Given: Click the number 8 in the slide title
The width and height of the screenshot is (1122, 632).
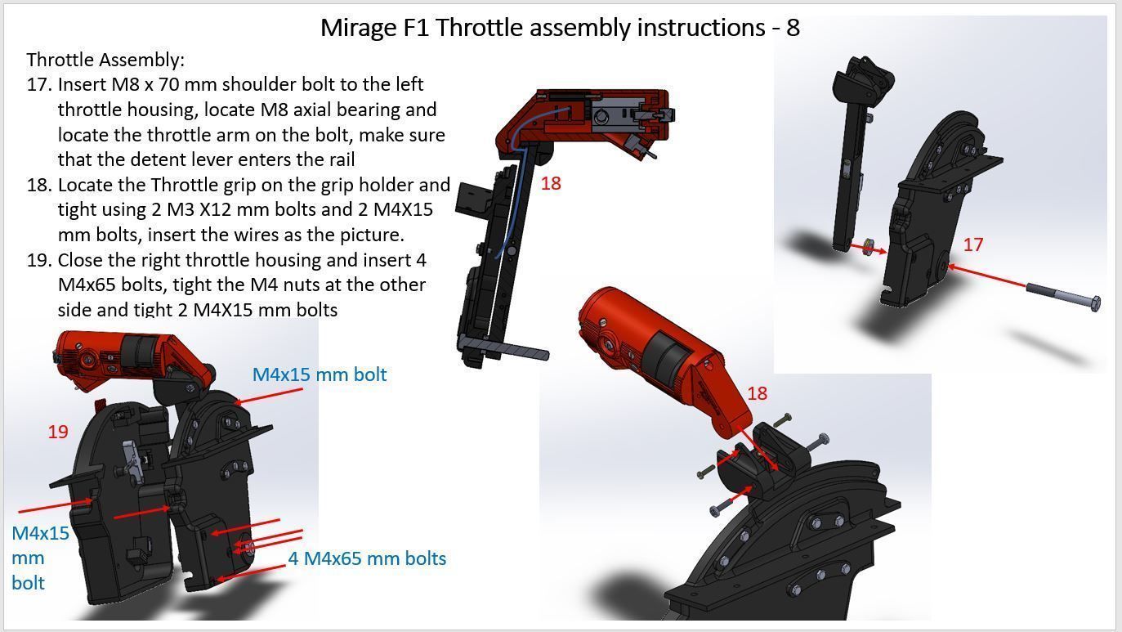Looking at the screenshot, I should coord(793,28).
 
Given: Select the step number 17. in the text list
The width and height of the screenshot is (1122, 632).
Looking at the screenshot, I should coord(40,84).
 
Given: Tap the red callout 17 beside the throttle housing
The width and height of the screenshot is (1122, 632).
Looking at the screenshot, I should coord(972,244).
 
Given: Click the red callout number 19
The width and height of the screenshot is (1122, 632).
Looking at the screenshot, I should coord(57,432).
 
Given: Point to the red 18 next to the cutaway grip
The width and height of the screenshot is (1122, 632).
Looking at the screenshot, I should coord(551,183).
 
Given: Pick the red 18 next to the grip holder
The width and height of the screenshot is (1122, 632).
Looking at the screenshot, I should coord(757,393).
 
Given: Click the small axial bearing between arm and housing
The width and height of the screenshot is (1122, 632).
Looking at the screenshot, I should coord(869,247).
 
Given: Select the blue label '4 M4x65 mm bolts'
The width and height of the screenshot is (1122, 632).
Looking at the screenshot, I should coord(367,558).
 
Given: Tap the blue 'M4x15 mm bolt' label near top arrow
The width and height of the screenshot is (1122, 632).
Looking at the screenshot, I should coord(319,374).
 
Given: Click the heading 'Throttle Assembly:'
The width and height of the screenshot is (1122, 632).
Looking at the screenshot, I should coord(105,60).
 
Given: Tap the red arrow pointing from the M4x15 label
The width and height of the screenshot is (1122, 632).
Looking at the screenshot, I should coord(270,395).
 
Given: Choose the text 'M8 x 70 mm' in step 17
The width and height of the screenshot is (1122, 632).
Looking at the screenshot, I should coord(163,84).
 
